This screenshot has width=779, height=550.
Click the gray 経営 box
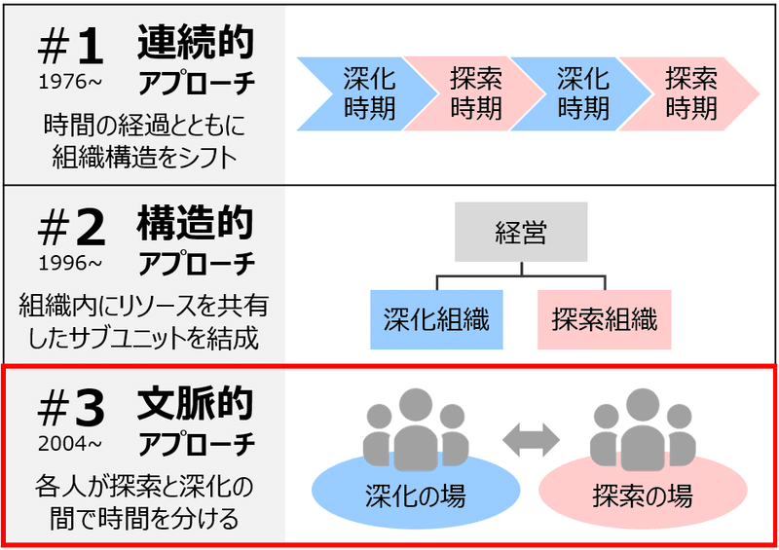520,233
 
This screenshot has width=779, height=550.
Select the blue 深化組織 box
436,318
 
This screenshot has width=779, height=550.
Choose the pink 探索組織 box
604,318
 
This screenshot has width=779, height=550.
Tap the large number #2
69,230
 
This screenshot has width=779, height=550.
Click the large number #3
69,411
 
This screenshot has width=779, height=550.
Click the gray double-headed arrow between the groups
531,439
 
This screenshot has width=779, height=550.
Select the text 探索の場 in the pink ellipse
643,496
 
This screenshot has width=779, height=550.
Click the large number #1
69,47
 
